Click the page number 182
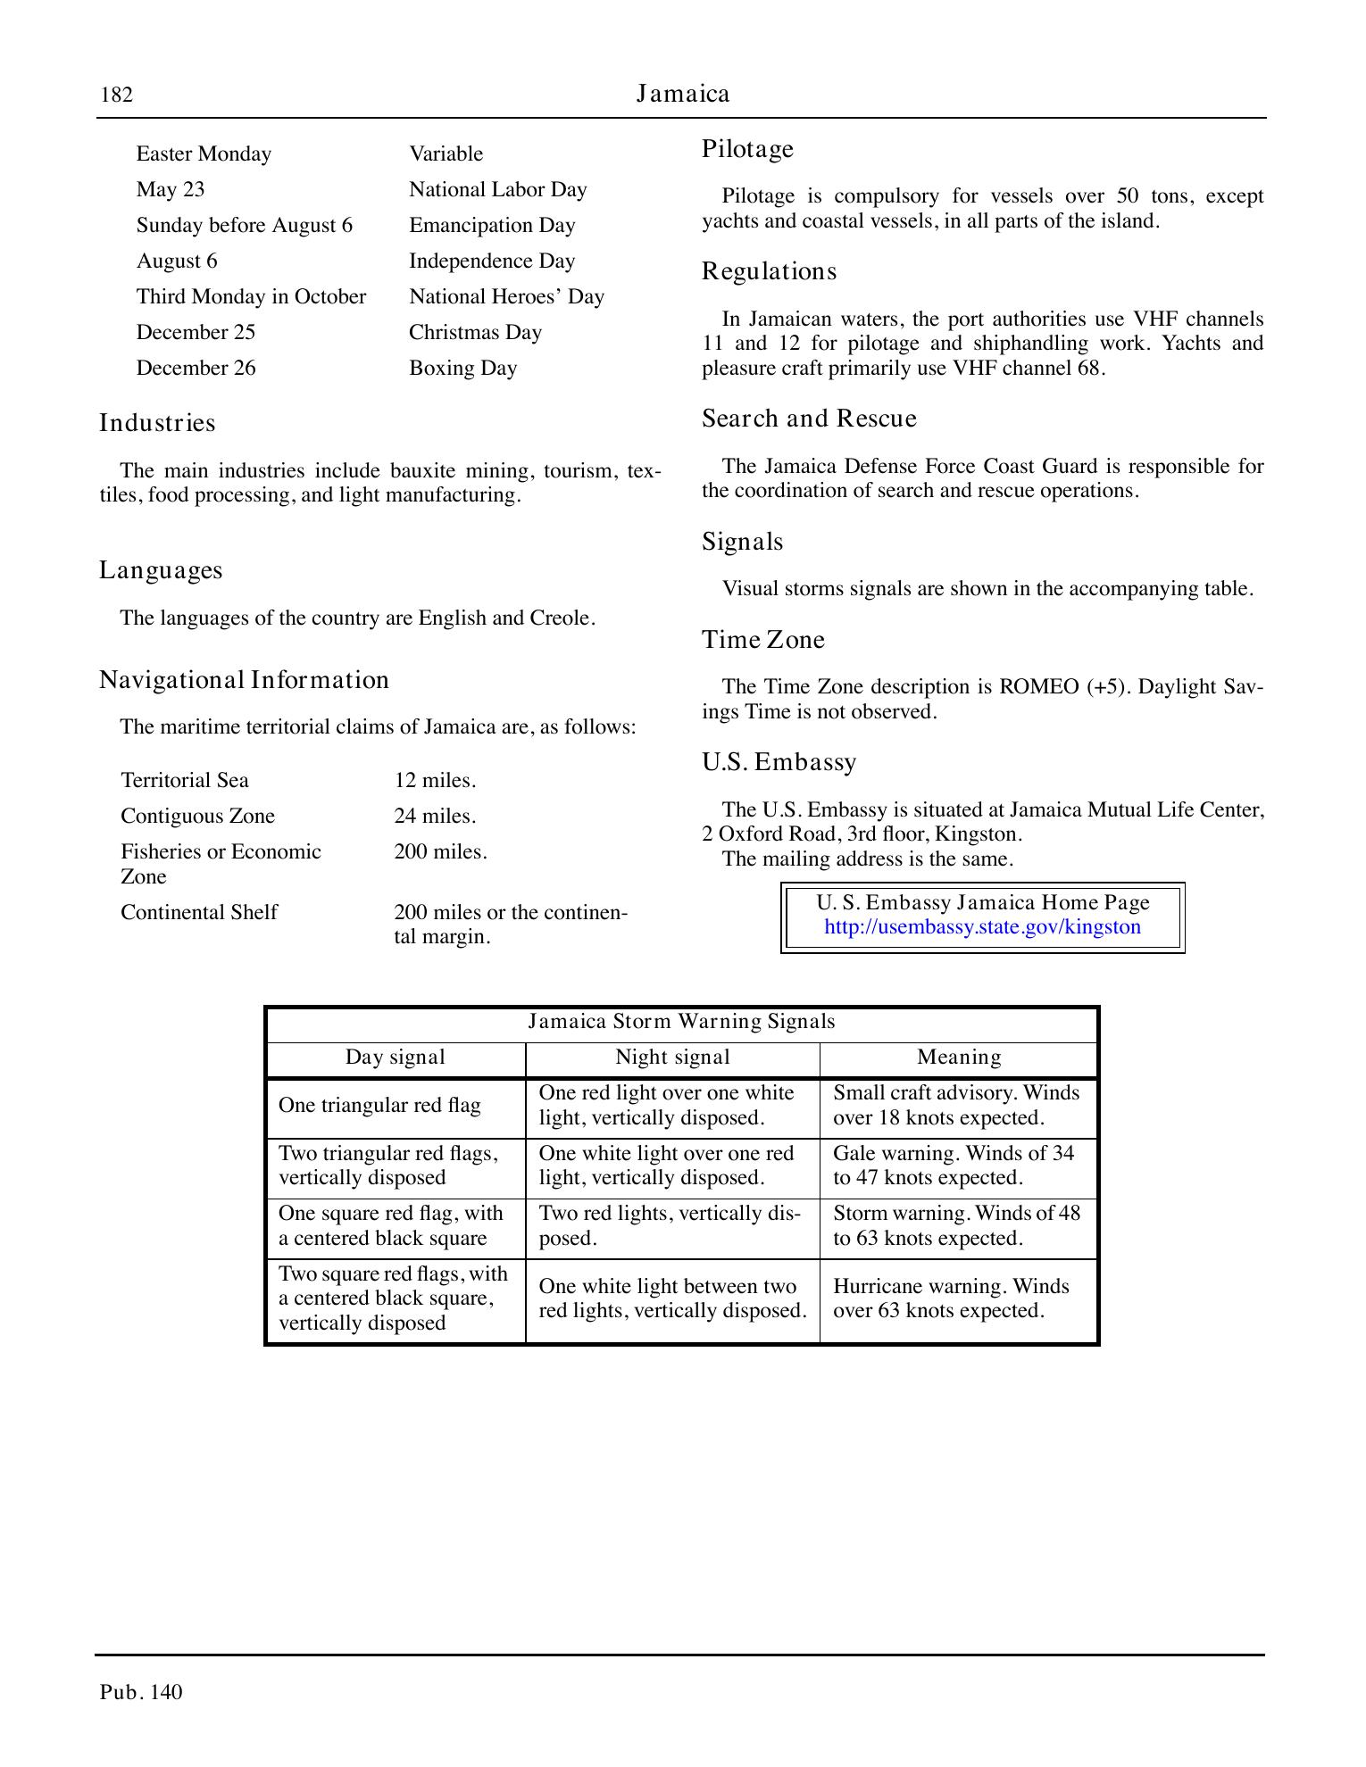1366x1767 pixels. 116,95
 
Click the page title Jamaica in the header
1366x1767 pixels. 683,94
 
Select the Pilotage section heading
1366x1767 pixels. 747,149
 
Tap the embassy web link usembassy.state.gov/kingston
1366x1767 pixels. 982,927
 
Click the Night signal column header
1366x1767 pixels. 672,1058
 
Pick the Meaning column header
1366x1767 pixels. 959,1058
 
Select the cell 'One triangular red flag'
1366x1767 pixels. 379,1106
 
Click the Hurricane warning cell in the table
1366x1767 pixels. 951,1298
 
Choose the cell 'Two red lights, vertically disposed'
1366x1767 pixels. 670,1226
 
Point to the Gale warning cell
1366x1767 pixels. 953,1166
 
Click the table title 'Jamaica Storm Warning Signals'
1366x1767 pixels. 681,1022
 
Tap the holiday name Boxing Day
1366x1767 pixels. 462,369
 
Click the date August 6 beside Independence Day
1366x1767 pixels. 177,261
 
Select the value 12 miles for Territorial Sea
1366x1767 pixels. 435,781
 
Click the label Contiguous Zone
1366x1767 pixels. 197,817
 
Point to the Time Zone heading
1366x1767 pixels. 762,640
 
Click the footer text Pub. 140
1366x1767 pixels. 141,1692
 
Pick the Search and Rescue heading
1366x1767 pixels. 809,419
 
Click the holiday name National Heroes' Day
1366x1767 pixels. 506,297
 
